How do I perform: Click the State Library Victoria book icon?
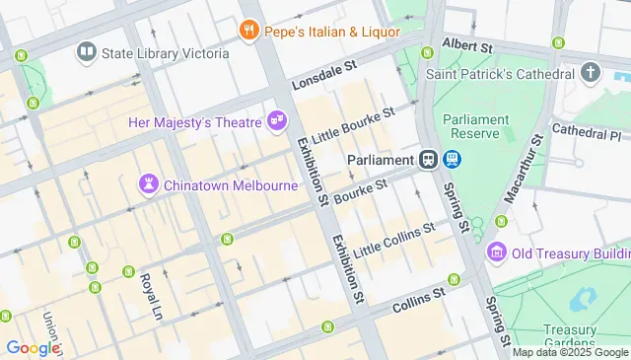click(86, 52)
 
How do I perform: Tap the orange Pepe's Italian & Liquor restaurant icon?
click(247, 31)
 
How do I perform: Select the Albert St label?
click(467, 45)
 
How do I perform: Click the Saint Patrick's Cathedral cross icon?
click(591, 73)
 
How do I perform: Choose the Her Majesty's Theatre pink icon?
click(277, 121)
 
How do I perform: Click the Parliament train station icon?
click(429, 159)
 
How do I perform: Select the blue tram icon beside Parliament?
click(452, 159)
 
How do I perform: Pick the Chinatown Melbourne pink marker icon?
click(148, 184)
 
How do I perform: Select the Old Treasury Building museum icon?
click(498, 253)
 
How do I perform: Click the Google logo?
click(32, 347)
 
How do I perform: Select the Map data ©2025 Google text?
click(570, 352)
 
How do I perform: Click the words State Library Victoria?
click(165, 52)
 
